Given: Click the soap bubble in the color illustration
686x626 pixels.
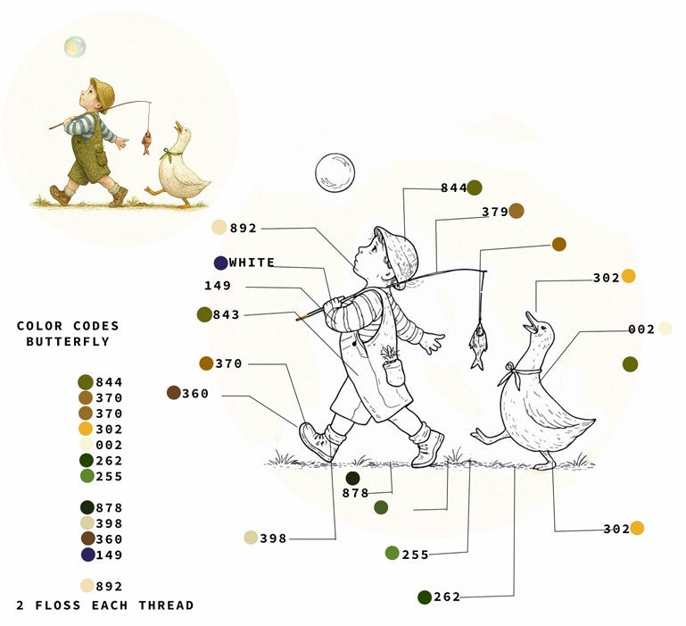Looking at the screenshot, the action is pos(75,46).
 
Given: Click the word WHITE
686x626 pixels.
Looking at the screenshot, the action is pos(252,263).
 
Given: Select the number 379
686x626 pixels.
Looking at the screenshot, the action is pos(495,212).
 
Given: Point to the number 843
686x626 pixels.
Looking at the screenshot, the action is pos(227,314).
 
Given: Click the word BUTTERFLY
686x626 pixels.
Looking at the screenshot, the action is pos(68,342).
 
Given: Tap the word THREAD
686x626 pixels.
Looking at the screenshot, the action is pos(166,605).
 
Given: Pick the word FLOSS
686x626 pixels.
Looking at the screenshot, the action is pos(58,605).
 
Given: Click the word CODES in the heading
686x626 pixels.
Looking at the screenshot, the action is pos(96,326).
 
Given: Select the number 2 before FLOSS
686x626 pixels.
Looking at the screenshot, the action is pos(21,605).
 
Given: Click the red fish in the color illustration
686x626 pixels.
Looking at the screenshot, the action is pos(146,143).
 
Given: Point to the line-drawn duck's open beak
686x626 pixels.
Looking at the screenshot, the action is pos(530,322).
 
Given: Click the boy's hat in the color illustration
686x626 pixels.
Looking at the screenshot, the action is pos(103,93).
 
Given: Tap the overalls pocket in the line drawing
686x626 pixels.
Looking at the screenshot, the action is pos(395,372).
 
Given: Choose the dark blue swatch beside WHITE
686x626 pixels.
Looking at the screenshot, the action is pos(220,263).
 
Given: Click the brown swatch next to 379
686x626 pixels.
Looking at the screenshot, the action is pos(517,211).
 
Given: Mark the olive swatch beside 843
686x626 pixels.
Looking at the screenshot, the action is pos(204,314).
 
